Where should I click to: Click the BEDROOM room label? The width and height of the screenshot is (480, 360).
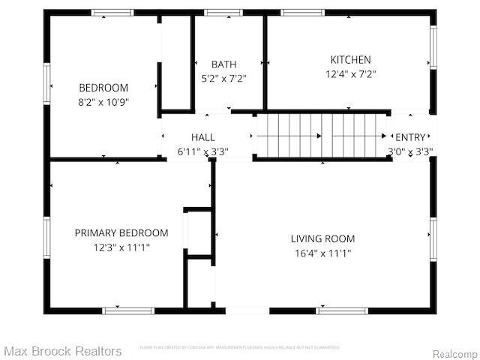(103, 88)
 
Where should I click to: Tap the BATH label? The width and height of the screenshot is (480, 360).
(223, 64)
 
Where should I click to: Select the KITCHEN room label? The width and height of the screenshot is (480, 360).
(350, 60)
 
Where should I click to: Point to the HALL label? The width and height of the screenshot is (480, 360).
(202, 137)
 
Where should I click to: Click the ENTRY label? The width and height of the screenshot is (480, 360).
(409, 137)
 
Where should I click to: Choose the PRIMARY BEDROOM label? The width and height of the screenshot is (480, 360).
(121, 233)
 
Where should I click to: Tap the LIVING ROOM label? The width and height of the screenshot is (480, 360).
(322, 239)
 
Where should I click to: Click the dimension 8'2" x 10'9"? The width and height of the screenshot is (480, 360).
(103, 102)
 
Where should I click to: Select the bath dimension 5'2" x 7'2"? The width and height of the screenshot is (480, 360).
(223, 78)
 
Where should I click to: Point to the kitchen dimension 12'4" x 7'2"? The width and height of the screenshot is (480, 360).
(350, 74)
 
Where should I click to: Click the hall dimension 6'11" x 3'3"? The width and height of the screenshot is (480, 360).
(202, 151)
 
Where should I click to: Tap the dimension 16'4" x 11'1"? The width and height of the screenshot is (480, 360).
(322, 253)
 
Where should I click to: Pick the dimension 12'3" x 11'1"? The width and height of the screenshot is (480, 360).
(121, 247)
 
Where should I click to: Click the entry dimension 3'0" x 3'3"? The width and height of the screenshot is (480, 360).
(409, 151)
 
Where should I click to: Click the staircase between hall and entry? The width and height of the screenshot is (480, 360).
(321, 136)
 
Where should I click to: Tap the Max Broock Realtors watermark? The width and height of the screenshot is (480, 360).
(63, 351)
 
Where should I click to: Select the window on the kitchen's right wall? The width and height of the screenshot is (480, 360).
(433, 48)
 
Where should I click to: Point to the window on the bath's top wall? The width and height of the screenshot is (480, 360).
(223, 12)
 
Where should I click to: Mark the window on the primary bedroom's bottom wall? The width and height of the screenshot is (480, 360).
(128, 310)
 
